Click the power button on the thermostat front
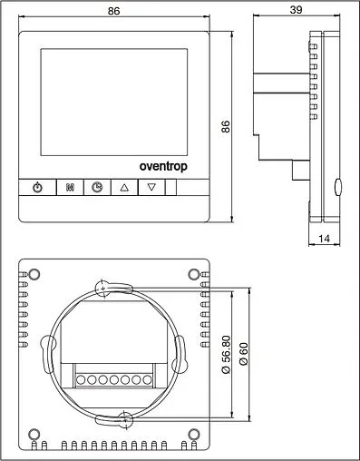pos(37,188)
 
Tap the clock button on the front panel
pos(96,188)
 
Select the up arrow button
pos(124,188)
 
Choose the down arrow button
pos(152,188)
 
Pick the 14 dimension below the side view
pos(325,240)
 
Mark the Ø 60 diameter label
pos(241,354)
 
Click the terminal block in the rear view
pos(115,379)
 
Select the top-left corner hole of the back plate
pos(34,274)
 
